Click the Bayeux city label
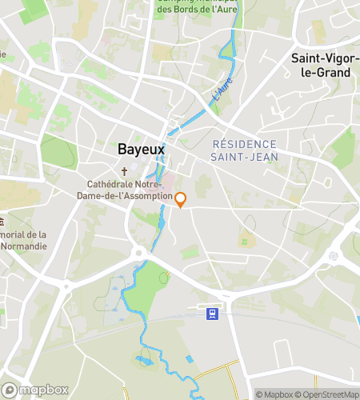point(141,149)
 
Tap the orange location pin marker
point(181,200)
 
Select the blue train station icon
point(213,313)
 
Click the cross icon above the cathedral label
point(125,172)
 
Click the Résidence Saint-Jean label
point(245,150)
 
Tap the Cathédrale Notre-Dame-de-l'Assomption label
point(125,190)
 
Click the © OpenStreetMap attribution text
point(327,394)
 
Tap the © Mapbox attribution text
point(274,394)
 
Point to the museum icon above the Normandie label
point(2,221)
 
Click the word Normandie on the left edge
point(23,246)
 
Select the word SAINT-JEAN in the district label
point(245,157)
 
